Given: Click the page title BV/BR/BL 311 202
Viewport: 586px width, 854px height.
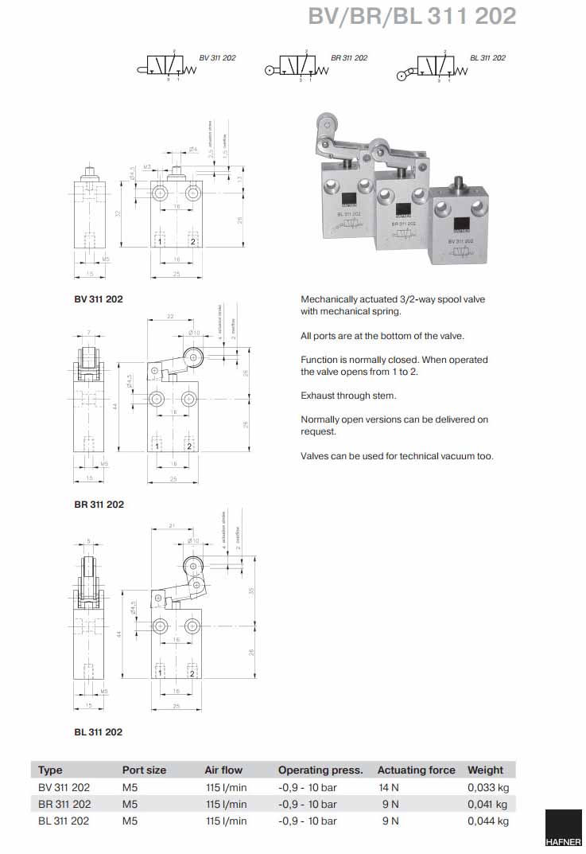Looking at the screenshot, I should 412,16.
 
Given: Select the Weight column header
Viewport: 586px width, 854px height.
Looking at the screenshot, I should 485,770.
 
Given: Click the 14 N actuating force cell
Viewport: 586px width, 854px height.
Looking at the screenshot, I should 390,787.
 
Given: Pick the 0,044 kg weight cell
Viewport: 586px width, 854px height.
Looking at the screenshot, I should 487,821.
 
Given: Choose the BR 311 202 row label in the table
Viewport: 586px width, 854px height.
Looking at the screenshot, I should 64,804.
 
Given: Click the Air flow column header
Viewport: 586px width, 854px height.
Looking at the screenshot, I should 223,770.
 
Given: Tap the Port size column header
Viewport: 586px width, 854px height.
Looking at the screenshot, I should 144,770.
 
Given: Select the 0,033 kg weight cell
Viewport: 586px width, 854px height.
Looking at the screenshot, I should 487,787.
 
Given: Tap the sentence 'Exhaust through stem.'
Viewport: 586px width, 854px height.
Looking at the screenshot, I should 348,396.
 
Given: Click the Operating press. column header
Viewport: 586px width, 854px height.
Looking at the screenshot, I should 320,770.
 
